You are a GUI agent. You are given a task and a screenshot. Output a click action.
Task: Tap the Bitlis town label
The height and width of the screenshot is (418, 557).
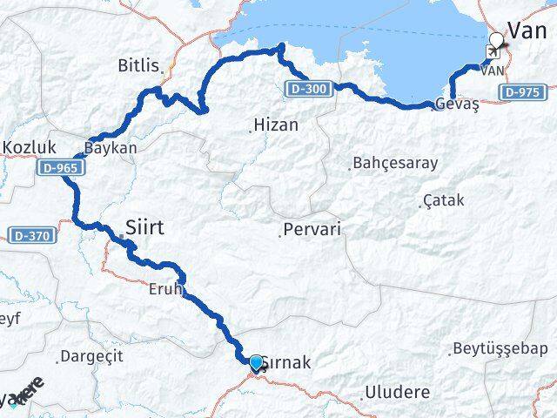point(140,65)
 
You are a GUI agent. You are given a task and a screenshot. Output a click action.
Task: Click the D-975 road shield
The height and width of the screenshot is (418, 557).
point(523,92)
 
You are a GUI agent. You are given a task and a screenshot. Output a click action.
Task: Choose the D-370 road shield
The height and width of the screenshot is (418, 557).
point(31,235)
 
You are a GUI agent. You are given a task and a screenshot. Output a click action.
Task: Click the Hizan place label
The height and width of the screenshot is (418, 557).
point(275,125)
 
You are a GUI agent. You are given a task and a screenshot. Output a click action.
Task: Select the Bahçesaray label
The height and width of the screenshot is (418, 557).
point(394,163)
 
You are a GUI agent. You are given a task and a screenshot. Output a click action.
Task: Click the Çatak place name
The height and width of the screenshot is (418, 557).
point(443,201)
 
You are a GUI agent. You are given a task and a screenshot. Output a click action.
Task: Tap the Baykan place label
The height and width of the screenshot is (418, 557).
point(111,148)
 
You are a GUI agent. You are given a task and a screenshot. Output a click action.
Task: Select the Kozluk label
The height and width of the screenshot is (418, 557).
point(30,148)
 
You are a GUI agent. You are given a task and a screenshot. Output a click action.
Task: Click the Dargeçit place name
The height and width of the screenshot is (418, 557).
point(91,356)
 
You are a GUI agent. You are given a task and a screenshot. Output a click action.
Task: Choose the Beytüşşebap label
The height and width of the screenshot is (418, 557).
point(500,349)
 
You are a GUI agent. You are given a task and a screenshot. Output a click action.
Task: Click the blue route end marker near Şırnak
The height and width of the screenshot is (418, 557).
point(255,362)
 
